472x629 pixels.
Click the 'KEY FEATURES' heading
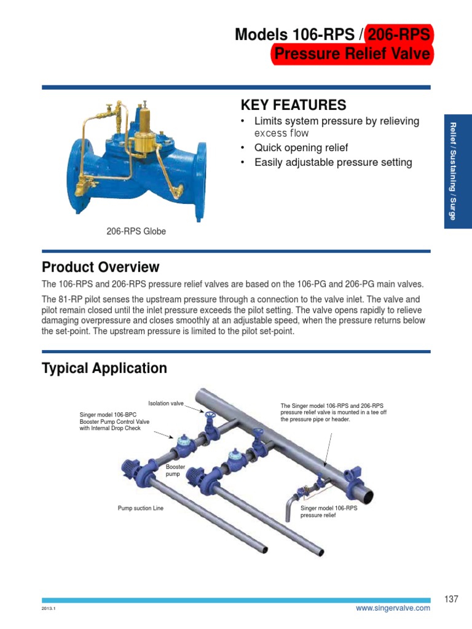pos(293,104)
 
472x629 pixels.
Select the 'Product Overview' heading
pos(100,267)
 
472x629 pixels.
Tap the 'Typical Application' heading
pos(104,368)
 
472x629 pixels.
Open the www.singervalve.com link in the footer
pos(393,608)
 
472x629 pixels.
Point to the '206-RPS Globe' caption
pos(136,232)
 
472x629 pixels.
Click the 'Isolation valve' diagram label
pos(166,404)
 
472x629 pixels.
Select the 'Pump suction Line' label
pos(141,509)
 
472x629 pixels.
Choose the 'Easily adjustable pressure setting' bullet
pos(333,163)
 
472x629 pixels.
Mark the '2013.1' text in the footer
pos(49,609)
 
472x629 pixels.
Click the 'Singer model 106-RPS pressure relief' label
pos(328,512)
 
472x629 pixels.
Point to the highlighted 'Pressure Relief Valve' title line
pos(352,55)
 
